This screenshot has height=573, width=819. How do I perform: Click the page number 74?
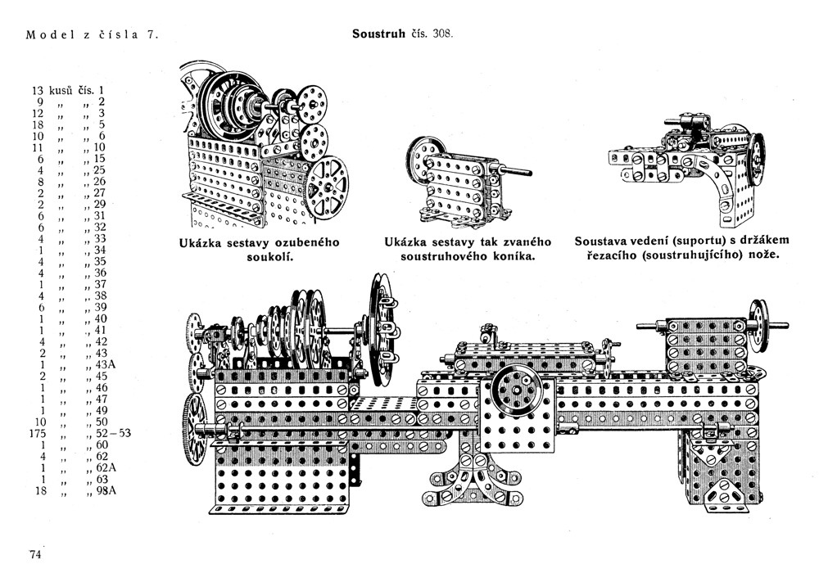point(35,554)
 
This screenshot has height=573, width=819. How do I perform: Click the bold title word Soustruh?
point(378,34)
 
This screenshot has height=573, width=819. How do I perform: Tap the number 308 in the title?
point(440,34)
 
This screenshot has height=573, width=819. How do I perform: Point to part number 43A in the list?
point(106,364)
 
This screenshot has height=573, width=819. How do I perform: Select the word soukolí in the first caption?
point(260,257)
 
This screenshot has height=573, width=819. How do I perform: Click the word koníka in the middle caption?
point(507,257)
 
